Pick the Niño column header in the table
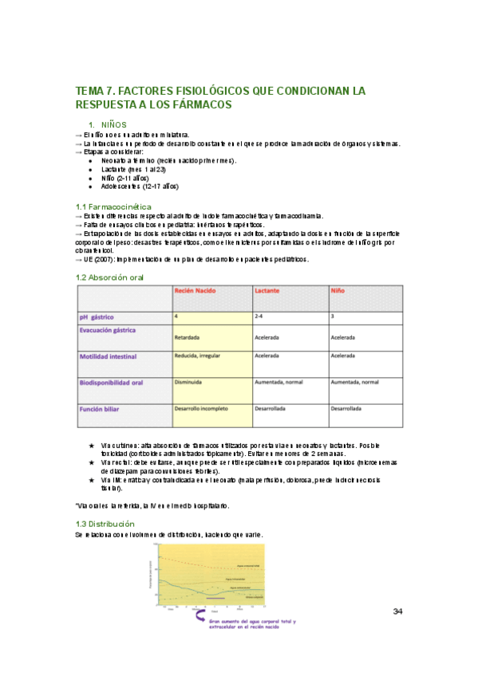[338, 293]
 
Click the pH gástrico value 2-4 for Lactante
[258, 316]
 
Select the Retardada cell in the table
[189, 337]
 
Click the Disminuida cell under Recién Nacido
[190, 382]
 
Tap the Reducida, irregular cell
[200, 356]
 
